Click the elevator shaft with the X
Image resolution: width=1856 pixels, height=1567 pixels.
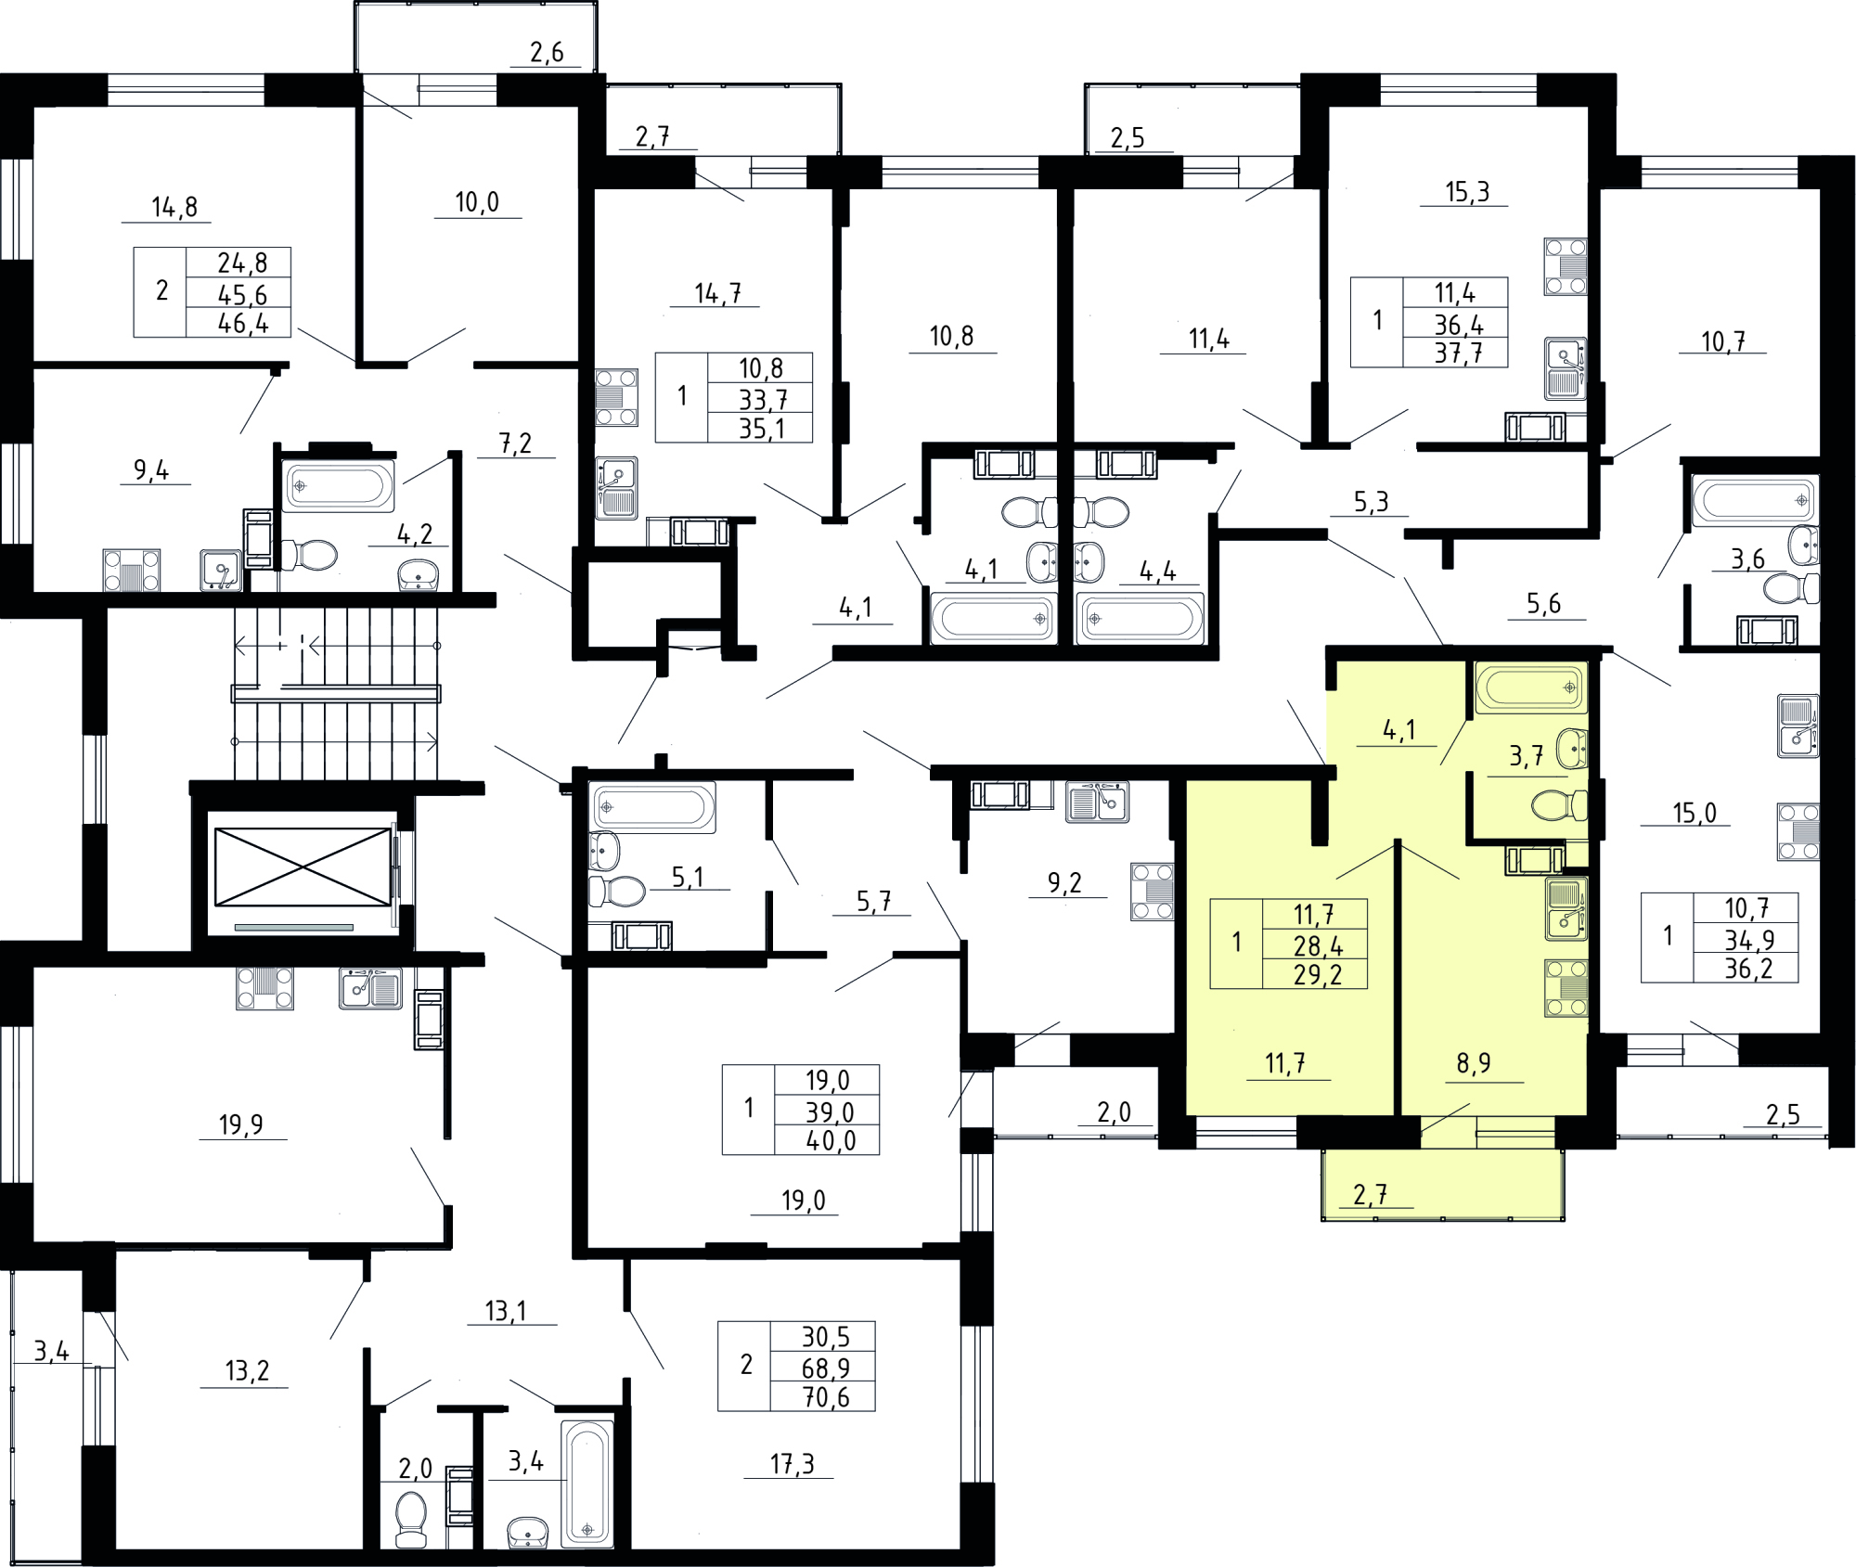coord(303,867)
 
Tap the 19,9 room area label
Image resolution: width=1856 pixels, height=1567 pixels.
coord(241,1124)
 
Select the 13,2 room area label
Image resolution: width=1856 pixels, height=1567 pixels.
coord(247,1370)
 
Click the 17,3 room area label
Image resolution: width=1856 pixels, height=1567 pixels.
coord(792,1464)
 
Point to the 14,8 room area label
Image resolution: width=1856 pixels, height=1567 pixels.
coord(174,207)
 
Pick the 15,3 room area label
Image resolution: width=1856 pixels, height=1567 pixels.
coord(1467,192)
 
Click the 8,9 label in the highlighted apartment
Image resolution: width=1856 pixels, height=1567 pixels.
coord(1474,1063)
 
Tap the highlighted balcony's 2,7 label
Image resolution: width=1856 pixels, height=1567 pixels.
coord(1371,1195)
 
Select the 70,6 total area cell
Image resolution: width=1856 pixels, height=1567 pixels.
coord(826,1397)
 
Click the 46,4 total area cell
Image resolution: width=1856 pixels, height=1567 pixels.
coord(243,324)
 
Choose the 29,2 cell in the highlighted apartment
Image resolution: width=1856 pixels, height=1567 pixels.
coord(1318,975)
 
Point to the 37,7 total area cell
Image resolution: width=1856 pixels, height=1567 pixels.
coord(1459,353)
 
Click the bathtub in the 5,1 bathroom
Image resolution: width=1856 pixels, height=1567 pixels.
coord(653,807)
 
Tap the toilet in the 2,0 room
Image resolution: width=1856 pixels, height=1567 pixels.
coord(411,1519)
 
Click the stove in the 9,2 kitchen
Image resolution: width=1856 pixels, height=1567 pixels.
coord(1153,892)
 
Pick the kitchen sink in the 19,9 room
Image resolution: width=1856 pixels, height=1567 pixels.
coord(370,988)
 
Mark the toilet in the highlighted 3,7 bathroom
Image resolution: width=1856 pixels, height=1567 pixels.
coord(1559,805)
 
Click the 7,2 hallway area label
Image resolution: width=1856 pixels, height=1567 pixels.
coord(516,443)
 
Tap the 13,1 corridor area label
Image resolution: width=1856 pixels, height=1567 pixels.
coord(506,1311)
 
